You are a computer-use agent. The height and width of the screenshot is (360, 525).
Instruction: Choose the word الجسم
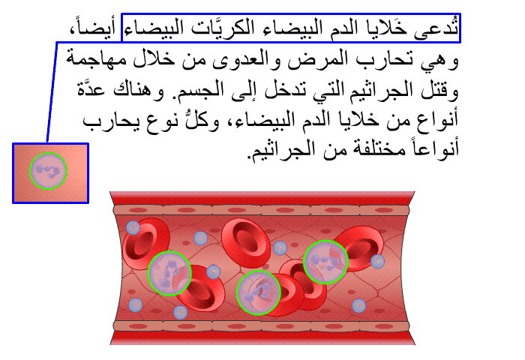[x=195, y=91]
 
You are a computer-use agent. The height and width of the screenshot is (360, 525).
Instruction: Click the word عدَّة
[x=91, y=88]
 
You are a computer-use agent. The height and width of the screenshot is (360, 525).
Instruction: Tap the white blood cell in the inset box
[x=48, y=171]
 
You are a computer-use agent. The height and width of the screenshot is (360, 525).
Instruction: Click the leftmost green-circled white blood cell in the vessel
[x=169, y=273]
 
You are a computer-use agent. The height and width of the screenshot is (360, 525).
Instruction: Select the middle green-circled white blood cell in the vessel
[x=258, y=293]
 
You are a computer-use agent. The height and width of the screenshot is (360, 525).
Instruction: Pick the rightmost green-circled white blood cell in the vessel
[x=325, y=262]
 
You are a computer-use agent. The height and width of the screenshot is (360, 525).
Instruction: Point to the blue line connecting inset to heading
[x=52, y=92]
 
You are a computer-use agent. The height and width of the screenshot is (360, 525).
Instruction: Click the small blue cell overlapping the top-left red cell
[x=133, y=228]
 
